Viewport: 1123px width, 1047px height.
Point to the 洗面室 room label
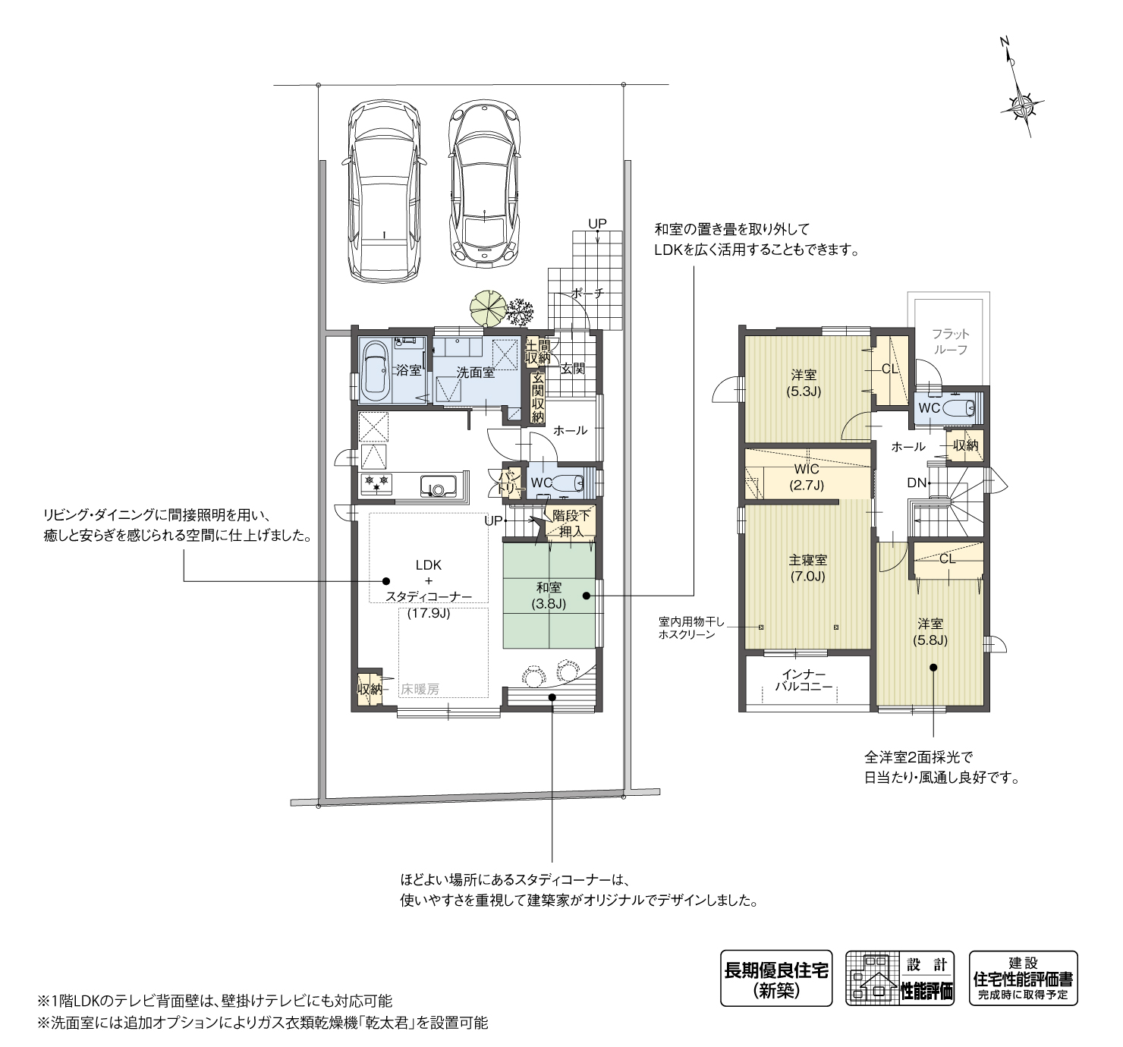[475, 373]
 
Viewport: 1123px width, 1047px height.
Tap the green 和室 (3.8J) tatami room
[549, 596]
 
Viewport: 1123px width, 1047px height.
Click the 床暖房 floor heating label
[420, 690]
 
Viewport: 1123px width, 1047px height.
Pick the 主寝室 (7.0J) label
[807, 568]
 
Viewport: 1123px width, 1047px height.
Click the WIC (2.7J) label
[807, 477]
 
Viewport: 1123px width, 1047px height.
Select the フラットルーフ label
[950, 341]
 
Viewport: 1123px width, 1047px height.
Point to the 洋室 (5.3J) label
[804, 382]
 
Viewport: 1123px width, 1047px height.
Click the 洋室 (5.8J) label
[930, 631]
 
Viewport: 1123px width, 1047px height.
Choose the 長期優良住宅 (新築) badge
[775, 979]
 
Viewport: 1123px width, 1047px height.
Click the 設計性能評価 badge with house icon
[901, 979]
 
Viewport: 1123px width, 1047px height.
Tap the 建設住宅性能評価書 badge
[1023, 979]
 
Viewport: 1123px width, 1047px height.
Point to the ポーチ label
[587, 293]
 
